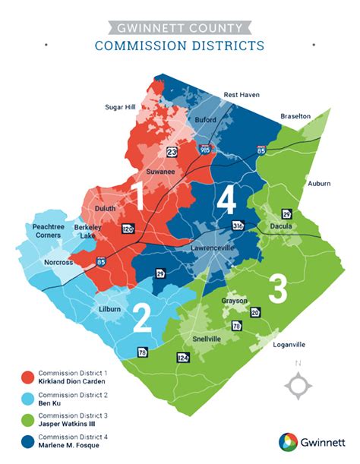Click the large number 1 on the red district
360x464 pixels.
point(138,196)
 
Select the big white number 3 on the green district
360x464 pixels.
point(278,289)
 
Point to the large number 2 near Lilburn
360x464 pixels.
point(141,318)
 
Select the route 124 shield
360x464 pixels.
point(182,357)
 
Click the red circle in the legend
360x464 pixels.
point(28,377)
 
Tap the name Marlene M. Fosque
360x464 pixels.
point(71,445)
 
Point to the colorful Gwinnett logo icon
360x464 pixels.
point(289,441)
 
